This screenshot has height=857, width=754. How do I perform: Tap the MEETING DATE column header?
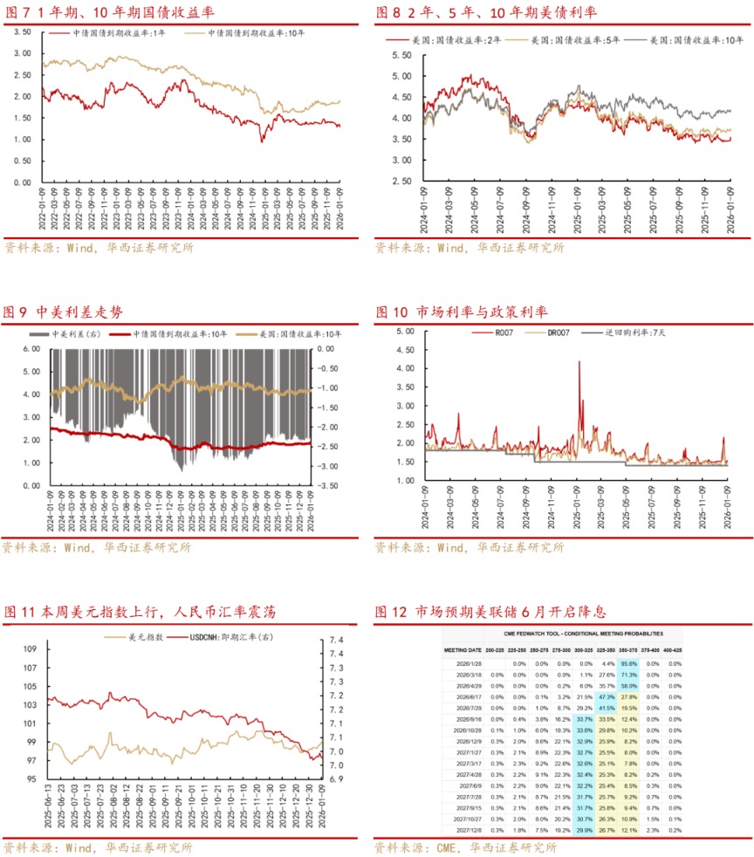463,650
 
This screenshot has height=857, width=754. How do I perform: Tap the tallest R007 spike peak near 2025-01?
579,361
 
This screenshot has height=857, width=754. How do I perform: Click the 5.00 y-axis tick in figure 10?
403,332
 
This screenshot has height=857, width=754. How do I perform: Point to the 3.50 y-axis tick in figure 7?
21,31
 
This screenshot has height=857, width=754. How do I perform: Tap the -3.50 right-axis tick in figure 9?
332,485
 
